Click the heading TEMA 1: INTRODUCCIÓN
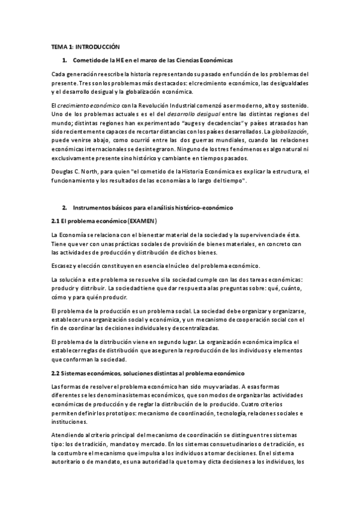(85, 47)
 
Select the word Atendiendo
(67, 434)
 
